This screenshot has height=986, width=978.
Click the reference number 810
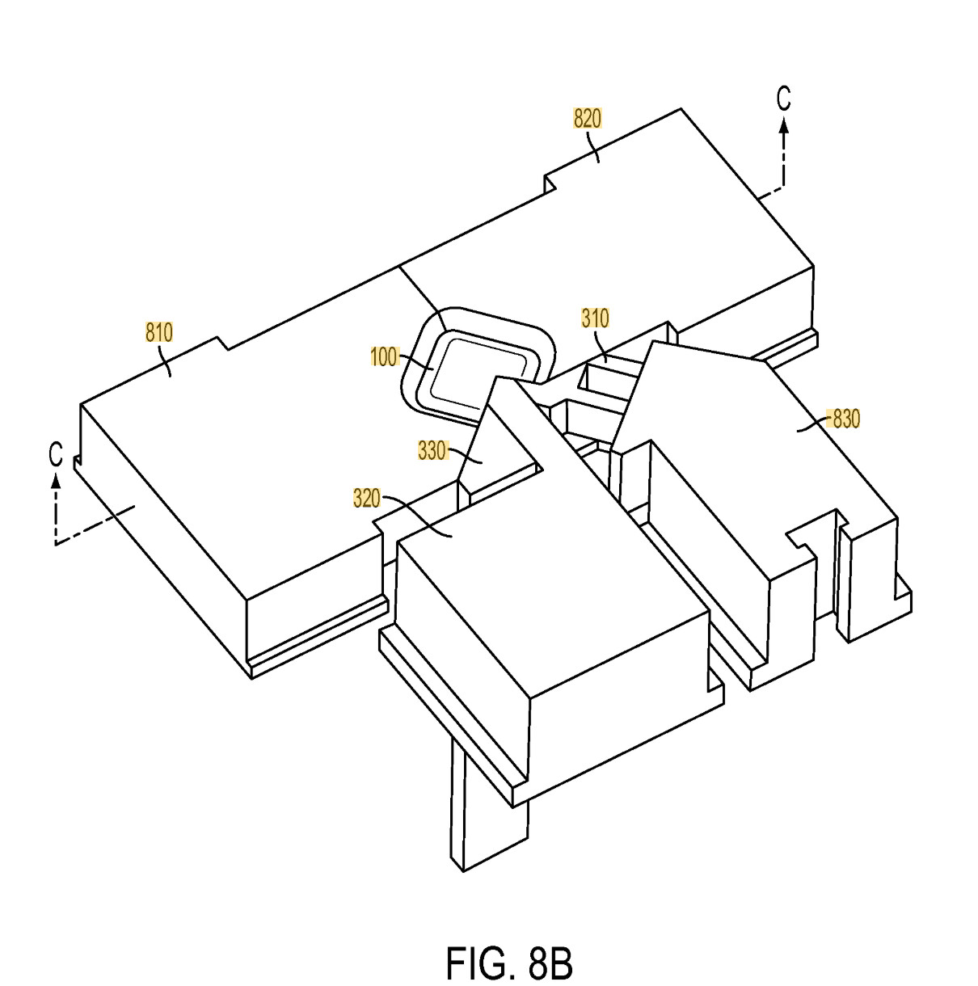click(x=159, y=332)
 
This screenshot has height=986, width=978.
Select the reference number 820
click(x=588, y=119)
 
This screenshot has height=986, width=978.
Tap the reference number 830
click(x=846, y=419)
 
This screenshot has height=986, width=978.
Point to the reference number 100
click(x=384, y=356)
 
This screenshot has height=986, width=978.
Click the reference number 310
click(x=595, y=318)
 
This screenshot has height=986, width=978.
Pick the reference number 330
click(x=432, y=450)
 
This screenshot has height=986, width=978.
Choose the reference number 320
click(x=367, y=499)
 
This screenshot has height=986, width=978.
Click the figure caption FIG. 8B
click(x=509, y=963)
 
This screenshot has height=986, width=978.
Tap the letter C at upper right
click(x=783, y=99)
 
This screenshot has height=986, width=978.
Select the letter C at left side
click(x=55, y=454)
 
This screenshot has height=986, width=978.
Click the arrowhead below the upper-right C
click(x=783, y=124)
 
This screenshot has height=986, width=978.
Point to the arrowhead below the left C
click(x=55, y=481)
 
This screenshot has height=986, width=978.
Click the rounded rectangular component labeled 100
click(x=477, y=368)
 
